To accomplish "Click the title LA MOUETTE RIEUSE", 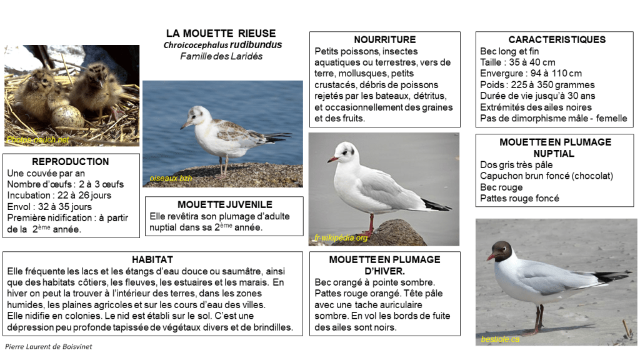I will coord(221,33).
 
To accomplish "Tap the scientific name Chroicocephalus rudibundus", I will coord(222,45).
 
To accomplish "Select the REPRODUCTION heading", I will coord(70,161).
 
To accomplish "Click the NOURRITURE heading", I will coord(384,39).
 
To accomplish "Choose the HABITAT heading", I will coord(152,259).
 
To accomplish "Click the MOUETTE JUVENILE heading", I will coord(224,204).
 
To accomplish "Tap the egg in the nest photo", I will coord(66,116).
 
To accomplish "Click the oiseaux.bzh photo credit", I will coord(170,179).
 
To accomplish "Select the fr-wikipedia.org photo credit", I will coord(341,238).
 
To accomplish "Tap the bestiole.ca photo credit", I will coord(500,339).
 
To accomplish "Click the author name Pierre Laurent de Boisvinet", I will coord(49,346).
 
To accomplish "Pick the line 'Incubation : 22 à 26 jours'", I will coord(59,195).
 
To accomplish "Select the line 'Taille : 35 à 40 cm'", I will coord(517,62).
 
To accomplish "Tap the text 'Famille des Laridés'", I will coord(221,56).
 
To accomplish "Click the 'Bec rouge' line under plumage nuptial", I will coord(501,187).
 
